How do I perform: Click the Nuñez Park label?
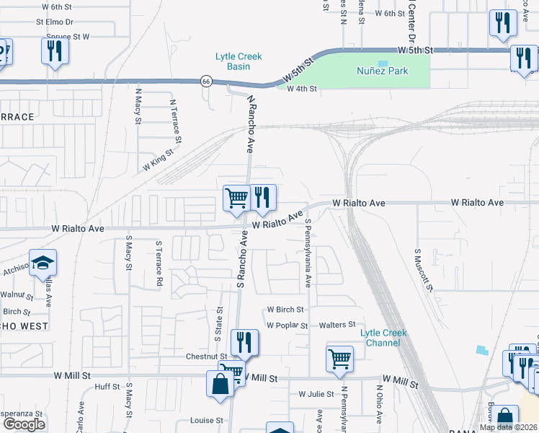point(383,71)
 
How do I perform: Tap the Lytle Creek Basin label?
point(239,61)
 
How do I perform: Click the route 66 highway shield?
point(206,81)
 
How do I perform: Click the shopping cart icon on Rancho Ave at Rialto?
point(236,198)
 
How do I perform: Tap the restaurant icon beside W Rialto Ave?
point(262,198)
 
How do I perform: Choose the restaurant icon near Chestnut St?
point(244,342)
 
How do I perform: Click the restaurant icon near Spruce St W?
point(55,51)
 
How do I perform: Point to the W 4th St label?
point(302,89)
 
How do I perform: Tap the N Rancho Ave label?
point(251,123)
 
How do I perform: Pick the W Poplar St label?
point(287,325)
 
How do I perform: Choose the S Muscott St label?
point(424,271)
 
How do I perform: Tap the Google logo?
point(23,424)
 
